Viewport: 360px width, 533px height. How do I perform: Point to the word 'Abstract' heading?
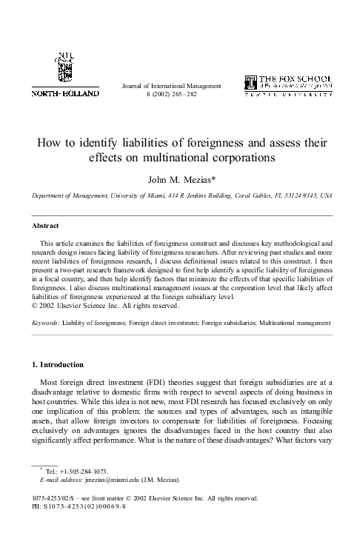pyautogui.click(x=44, y=224)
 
